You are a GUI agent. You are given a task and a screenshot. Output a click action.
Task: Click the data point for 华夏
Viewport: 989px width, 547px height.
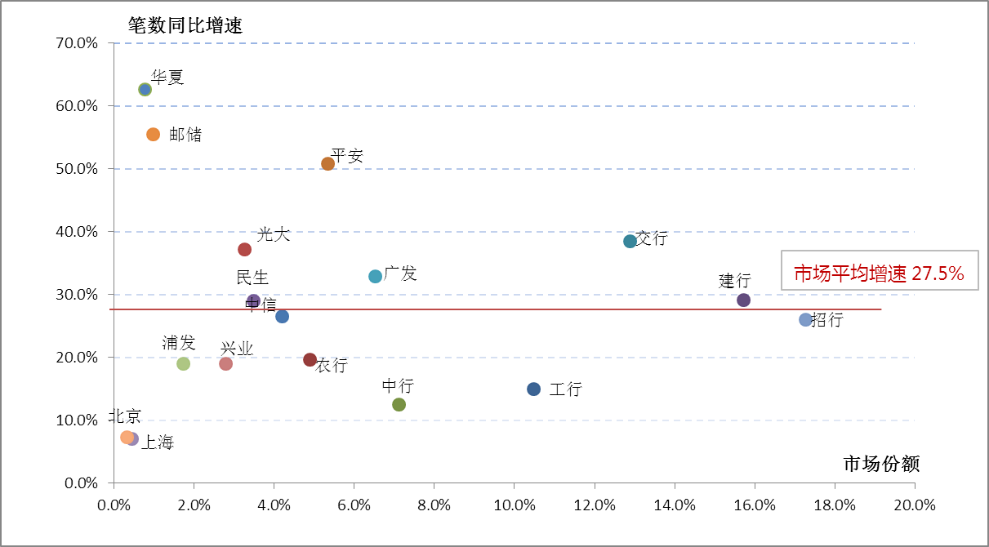[145, 89]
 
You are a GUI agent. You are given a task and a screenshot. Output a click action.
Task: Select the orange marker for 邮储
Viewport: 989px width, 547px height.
[153, 134]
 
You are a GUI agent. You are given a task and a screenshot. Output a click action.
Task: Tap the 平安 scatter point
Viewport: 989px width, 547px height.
[327, 163]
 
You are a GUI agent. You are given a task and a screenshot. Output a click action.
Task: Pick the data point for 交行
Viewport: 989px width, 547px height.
[630, 241]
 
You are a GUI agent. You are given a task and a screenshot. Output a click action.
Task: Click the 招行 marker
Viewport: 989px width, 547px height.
[805, 319]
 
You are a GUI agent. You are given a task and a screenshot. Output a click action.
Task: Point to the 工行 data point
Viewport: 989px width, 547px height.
[533, 389]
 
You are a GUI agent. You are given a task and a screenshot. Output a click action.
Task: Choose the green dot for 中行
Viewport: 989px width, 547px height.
[399, 404]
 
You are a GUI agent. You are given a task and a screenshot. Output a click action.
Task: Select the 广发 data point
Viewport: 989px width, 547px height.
[375, 276]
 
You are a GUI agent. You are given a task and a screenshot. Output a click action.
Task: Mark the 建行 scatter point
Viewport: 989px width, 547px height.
[743, 300]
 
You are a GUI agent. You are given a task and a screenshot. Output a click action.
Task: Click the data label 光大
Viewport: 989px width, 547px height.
[274, 235]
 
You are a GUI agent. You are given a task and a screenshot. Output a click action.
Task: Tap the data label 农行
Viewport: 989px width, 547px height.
[332, 366]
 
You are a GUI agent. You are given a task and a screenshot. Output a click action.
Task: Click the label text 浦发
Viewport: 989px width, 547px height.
[179, 343]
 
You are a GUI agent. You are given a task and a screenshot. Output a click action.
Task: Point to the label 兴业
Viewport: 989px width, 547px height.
[237, 349]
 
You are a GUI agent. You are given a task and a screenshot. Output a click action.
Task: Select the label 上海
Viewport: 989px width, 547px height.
[158, 442]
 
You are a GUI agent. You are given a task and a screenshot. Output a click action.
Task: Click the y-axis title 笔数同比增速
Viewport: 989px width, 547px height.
[185, 24]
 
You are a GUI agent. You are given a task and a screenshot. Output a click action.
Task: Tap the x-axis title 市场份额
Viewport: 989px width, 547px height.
[881, 464]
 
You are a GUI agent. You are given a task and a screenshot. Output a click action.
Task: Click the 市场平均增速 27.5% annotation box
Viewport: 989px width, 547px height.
[879, 274]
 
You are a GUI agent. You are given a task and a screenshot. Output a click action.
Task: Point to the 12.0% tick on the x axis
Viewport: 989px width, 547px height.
[595, 505]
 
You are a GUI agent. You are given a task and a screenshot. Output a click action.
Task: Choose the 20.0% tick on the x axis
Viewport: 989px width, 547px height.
[915, 505]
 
